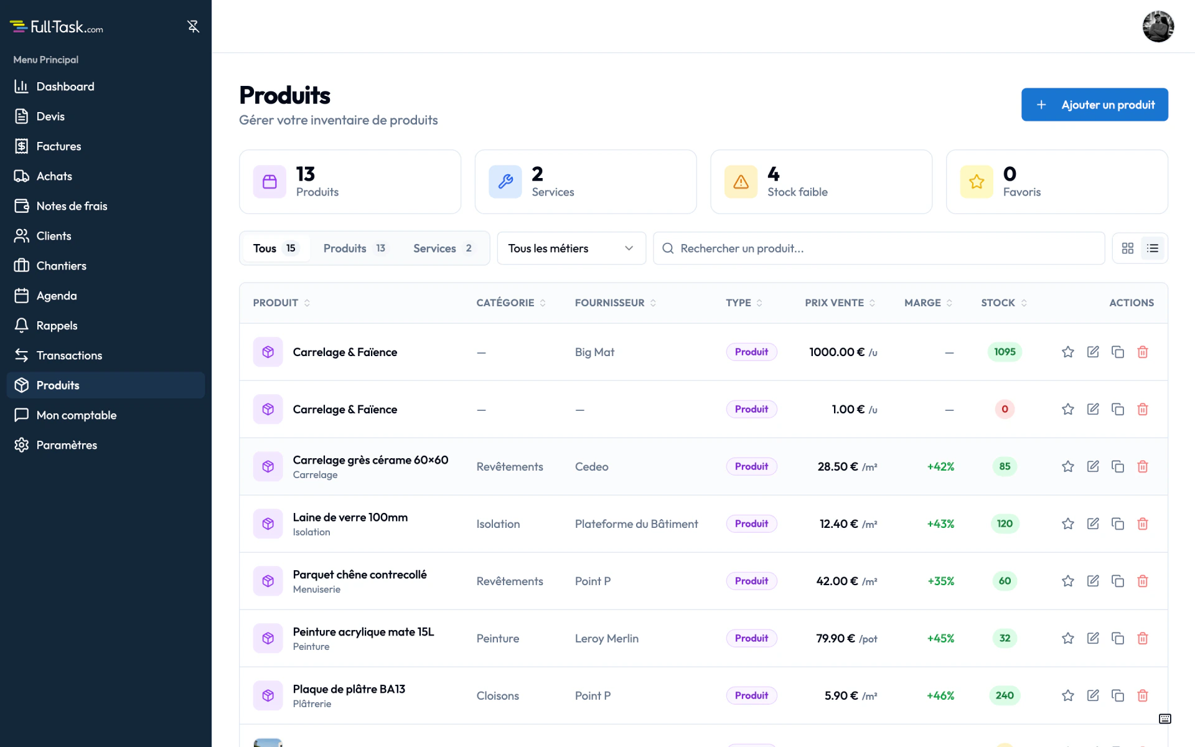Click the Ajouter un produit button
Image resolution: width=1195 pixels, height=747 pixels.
tap(1094, 105)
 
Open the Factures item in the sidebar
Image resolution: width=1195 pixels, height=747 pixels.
tap(59, 146)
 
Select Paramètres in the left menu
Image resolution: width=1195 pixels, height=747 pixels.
tap(67, 445)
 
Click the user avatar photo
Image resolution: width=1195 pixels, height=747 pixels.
tap(1158, 26)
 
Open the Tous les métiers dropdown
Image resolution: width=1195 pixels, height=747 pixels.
tap(571, 248)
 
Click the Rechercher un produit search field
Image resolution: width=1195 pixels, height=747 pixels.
tap(879, 248)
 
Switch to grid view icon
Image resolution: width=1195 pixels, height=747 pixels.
tap(1128, 248)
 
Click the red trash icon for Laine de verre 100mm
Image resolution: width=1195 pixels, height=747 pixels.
tap(1143, 524)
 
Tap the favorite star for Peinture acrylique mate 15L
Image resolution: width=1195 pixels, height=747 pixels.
tap(1068, 638)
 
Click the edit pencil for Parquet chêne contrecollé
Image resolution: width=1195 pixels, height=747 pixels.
tap(1093, 581)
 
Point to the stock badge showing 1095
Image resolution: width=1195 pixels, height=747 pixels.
tap(1005, 352)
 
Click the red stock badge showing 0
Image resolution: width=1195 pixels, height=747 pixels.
tap(1005, 409)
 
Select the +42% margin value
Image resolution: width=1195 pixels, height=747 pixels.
tap(940, 466)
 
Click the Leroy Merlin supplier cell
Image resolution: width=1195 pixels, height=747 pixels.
tap(607, 638)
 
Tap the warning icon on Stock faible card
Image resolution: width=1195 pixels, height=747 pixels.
tap(741, 182)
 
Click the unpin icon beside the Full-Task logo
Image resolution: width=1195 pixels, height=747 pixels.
tap(193, 26)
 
